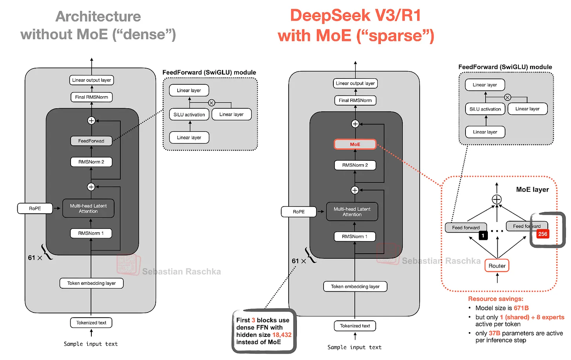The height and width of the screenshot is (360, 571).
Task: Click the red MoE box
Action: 355,144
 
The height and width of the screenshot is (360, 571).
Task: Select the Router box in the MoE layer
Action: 497,266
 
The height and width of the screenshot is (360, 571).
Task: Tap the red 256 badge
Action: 542,234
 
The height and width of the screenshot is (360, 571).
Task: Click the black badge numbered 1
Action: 483,235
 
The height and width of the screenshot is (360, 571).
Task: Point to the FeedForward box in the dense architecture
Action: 91,141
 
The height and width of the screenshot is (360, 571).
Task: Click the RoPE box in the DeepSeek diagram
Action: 298,212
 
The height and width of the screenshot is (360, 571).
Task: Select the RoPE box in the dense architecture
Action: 35,208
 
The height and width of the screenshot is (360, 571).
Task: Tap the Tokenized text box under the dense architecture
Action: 91,323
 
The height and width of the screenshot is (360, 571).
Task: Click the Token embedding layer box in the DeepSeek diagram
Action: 355,287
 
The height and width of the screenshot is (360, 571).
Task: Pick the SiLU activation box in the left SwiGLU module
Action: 189,115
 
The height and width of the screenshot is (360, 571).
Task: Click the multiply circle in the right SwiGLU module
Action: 507,97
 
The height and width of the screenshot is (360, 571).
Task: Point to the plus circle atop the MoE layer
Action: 496,199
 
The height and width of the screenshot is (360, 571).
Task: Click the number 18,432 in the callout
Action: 282,335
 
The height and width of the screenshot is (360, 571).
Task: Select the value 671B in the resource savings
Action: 521,308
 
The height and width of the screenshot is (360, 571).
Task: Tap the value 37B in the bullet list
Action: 494,333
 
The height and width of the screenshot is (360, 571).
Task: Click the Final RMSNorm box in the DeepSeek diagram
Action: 355,100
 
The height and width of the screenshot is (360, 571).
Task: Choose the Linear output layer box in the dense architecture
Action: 91,80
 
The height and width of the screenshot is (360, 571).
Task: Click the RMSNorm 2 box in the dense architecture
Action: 91,162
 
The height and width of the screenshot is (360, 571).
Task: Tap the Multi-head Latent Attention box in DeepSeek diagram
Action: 352,212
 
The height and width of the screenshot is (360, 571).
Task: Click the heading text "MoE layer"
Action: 532,190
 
